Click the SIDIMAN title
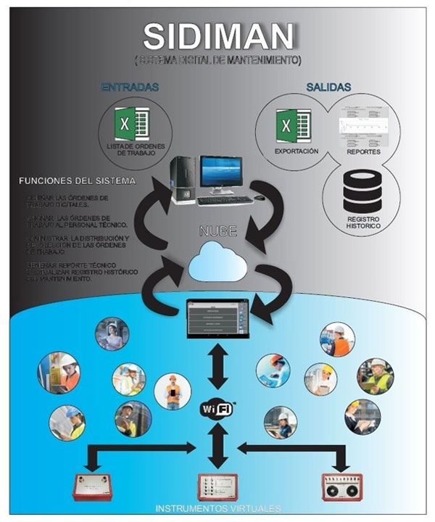pyautogui.click(x=218, y=35)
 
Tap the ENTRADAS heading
pyautogui.click(x=130, y=87)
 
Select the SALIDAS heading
pyautogui.click(x=328, y=87)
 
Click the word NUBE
pyautogui.click(x=217, y=233)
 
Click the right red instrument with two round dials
pyautogui.click(x=340, y=486)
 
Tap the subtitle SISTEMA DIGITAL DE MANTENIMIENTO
pyautogui.click(x=218, y=57)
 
